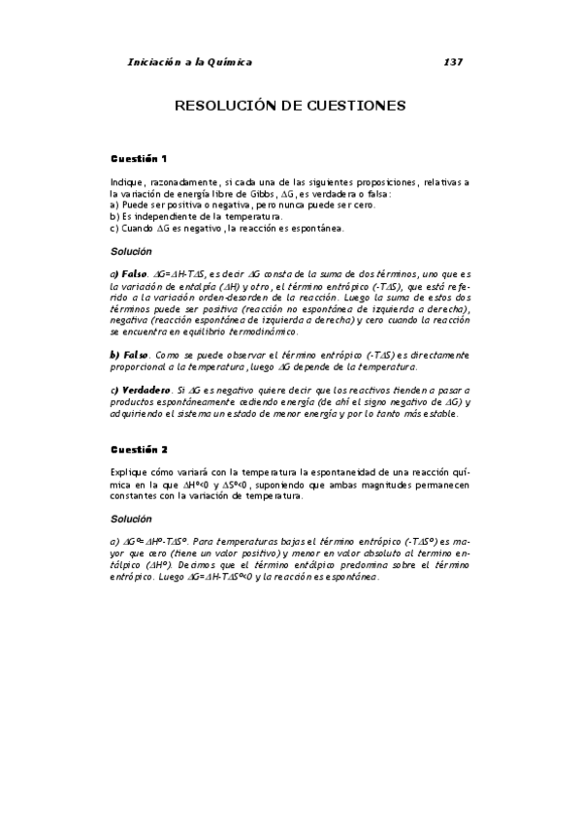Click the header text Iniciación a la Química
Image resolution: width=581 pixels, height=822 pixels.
189,62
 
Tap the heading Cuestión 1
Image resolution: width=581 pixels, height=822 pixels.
139,157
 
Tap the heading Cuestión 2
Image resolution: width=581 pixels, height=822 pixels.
139,450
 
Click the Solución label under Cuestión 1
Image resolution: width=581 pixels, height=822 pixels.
132,251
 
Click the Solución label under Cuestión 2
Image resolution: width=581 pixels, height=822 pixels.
132,519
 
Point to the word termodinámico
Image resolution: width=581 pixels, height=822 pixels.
291,332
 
